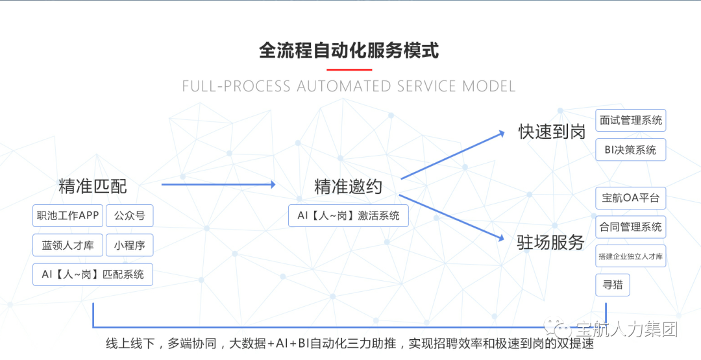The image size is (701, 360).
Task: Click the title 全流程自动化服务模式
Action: [349, 50]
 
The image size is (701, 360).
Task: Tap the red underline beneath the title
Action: [349, 69]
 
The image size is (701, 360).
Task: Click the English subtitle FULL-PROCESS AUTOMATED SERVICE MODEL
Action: [349, 86]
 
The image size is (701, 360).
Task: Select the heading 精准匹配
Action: [93, 187]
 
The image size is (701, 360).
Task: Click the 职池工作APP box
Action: [68, 216]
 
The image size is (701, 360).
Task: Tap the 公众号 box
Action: [129, 216]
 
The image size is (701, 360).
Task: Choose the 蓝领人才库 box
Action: [68, 245]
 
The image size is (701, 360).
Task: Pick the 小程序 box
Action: [129, 245]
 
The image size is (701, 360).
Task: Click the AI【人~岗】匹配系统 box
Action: [93, 274]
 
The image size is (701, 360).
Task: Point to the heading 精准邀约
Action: [349, 187]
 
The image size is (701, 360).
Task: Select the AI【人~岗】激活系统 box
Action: [349, 216]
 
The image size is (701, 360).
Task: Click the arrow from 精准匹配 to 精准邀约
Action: [218, 185]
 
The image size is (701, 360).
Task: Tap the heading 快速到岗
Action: [552, 132]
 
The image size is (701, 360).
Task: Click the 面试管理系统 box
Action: [631, 121]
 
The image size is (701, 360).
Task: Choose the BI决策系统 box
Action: [631, 150]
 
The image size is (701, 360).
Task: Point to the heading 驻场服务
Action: [550, 243]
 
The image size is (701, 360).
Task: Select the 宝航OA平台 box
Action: [631, 198]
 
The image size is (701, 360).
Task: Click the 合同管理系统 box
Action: [631, 227]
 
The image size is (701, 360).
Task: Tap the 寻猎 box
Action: [613, 285]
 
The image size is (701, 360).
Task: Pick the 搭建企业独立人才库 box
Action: [631, 256]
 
